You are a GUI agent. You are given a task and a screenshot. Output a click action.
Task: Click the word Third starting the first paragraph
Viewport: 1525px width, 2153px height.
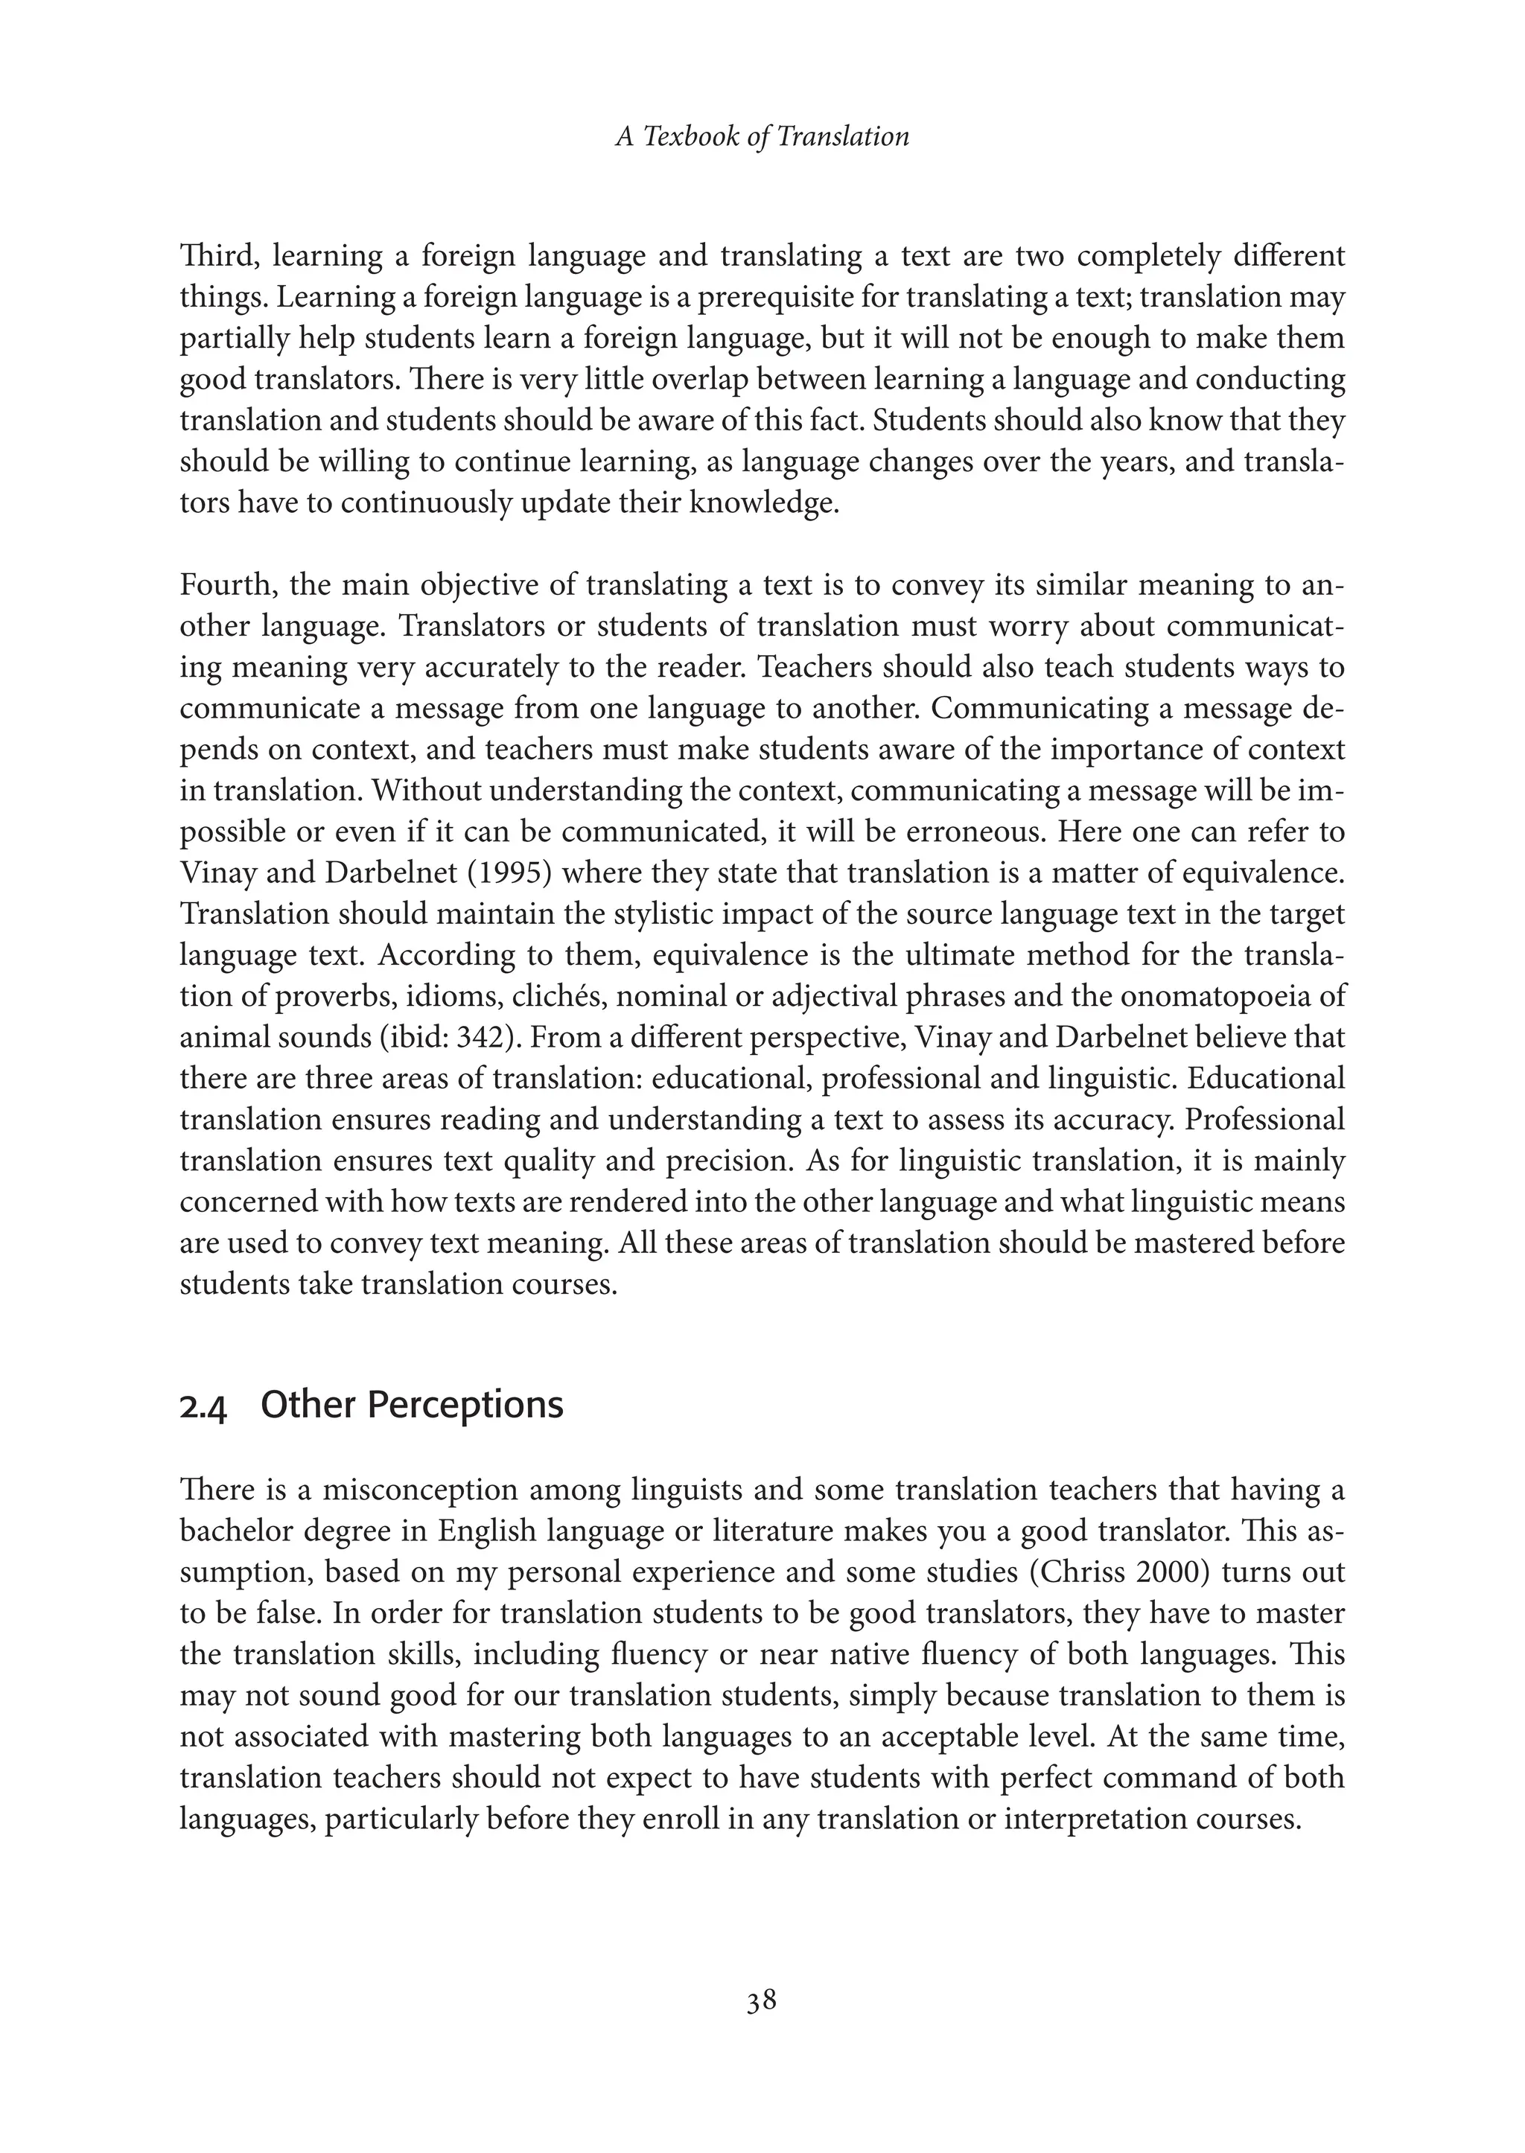[x=214, y=256]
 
